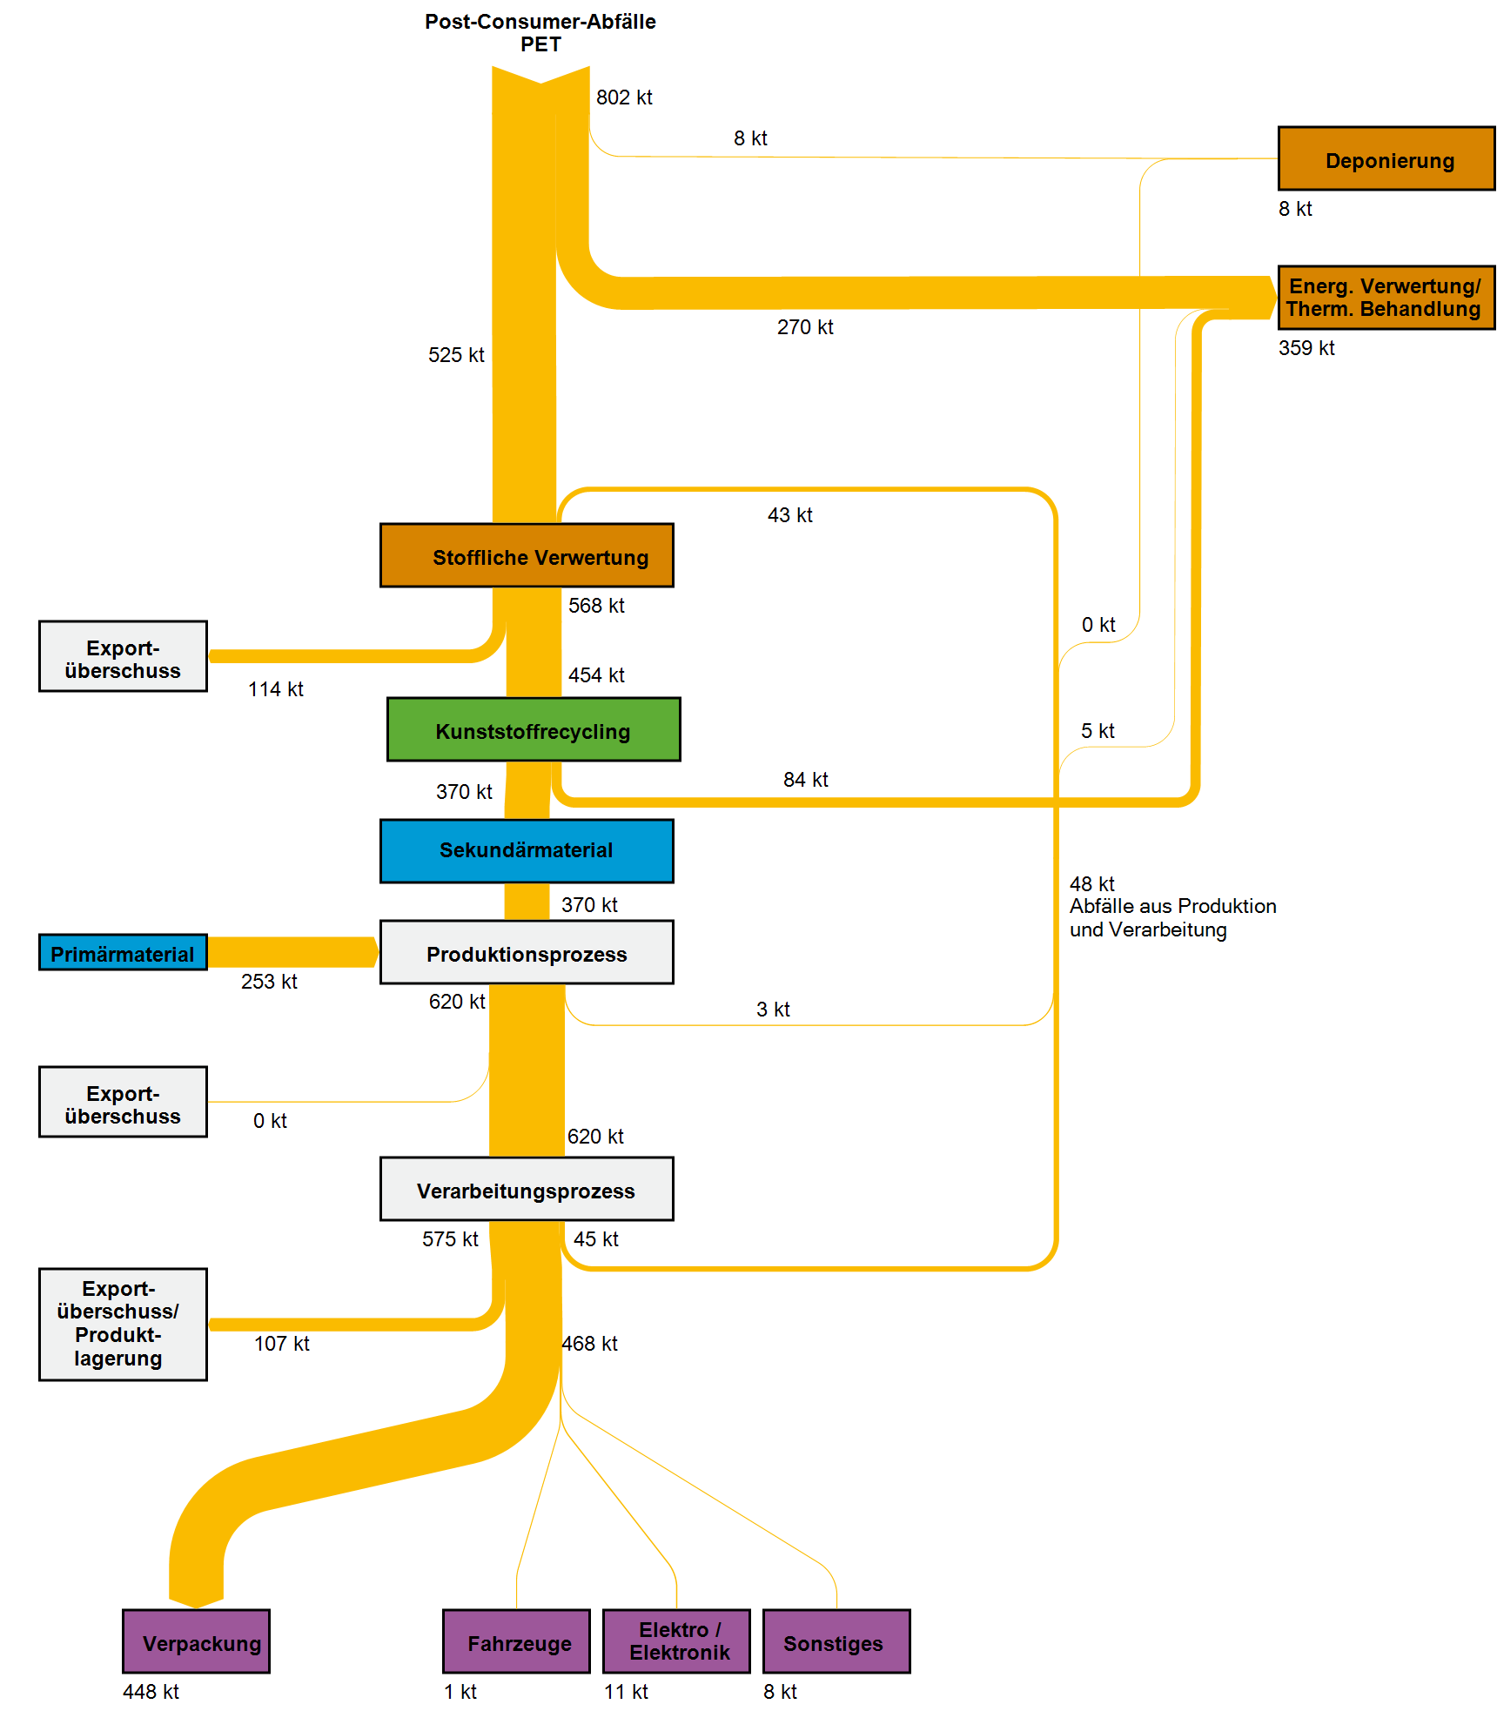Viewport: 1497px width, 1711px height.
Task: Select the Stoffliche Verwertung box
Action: [527, 556]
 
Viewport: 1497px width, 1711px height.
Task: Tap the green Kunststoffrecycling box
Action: [534, 730]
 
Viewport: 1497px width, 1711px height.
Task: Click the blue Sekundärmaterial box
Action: [527, 850]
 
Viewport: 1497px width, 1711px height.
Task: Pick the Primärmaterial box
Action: [123, 953]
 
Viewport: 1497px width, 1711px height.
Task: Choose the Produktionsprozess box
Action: [527, 953]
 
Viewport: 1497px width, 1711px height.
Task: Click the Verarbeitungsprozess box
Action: [527, 1190]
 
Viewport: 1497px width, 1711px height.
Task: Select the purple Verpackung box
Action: [197, 1642]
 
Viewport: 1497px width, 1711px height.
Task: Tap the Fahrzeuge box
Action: [516, 1642]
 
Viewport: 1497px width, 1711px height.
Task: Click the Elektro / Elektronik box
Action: [676, 1641]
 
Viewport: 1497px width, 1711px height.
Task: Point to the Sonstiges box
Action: [836, 1642]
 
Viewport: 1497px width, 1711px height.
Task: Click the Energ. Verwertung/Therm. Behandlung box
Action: [1386, 298]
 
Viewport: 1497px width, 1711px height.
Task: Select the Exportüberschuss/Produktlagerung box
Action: [123, 1324]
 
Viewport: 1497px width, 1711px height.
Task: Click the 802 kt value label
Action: [624, 97]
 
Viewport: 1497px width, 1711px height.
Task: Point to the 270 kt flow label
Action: [805, 327]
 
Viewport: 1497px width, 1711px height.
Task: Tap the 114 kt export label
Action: [275, 689]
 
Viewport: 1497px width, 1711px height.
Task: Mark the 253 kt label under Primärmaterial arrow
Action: [269, 982]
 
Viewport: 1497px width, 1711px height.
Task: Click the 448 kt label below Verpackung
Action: [151, 1692]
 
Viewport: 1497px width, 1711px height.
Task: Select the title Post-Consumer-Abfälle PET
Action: [540, 33]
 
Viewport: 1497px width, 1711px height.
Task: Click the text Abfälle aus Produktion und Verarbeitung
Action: [1172, 918]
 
